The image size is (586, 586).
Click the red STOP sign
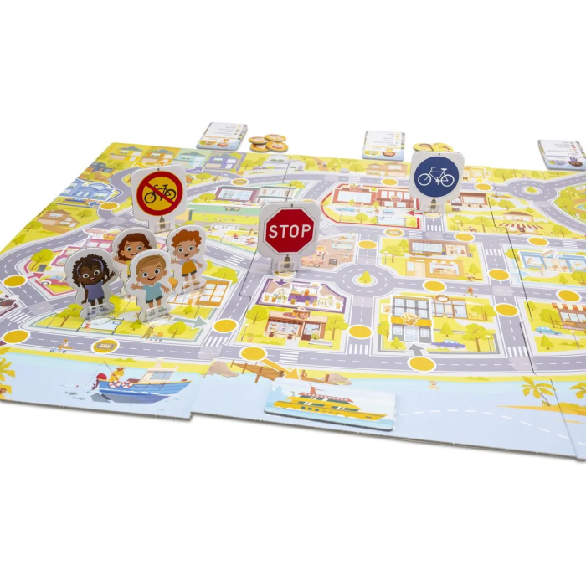click(x=289, y=228)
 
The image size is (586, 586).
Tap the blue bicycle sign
click(x=435, y=176)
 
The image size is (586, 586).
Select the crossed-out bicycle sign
click(x=159, y=193)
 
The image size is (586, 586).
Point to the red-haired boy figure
click(x=187, y=255)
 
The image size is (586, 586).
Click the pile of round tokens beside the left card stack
click(x=268, y=143)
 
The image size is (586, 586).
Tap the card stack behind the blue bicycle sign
click(x=383, y=144)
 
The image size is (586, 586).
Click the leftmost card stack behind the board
click(x=222, y=135)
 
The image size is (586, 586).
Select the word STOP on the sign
click(x=289, y=228)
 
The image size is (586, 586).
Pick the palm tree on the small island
click(x=536, y=389)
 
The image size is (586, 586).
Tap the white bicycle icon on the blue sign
click(x=435, y=177)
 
